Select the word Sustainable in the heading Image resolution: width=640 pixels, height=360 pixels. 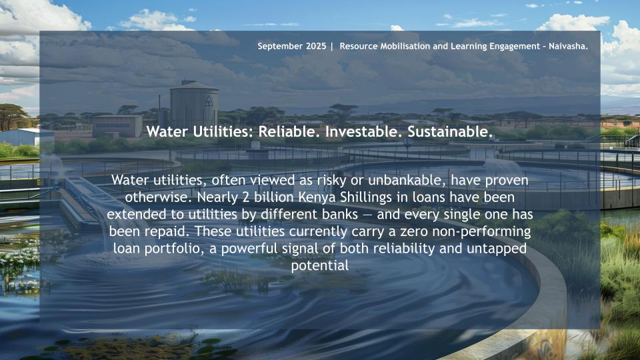click(x=450, y=132)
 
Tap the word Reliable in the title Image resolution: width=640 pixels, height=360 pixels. click(x=287, y=132)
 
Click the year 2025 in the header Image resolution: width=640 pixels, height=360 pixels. click(x=316, y=46)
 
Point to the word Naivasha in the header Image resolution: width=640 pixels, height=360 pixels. click(x=568, y=46)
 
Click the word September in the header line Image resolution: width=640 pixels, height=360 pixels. click(x=280, y=47)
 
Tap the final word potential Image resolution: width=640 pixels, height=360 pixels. click(x=320, y=266)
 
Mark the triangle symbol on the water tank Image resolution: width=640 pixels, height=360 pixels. click(x=209, y=101)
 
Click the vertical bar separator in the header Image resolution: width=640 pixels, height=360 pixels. click(x=332, y=47)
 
